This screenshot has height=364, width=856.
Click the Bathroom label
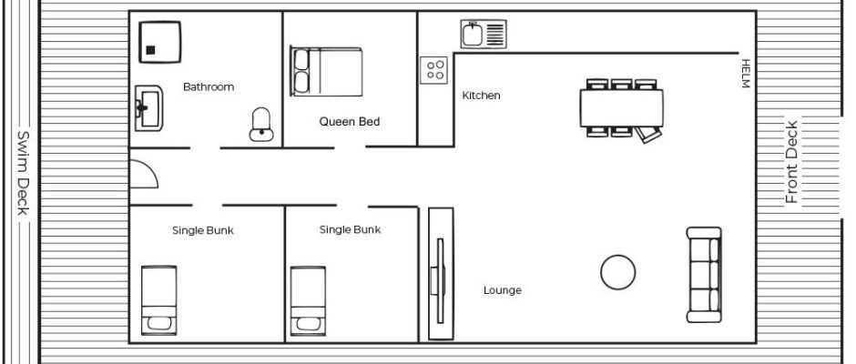click(209, 86)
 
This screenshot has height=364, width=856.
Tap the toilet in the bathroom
click(261, 125)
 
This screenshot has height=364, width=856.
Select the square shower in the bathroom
click(159, 42)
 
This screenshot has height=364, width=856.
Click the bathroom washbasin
click(149, 108)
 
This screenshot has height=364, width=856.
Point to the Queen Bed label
click(350, 122)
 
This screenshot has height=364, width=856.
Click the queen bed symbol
click(326, 71)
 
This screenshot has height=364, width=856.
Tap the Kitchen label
click(481, 96)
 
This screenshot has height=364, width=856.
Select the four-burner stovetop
click(434, 70)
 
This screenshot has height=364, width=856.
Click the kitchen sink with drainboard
click(484, 34)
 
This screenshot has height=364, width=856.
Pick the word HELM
click(746, 73)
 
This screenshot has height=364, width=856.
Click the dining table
click(622, 107)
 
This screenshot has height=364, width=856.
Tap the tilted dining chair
click(649, 134)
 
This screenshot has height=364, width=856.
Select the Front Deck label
click(791, 162)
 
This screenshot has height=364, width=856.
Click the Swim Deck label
click(23, 173)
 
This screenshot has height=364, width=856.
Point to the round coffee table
click(618, 272)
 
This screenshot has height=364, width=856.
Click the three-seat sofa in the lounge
click(704, 275)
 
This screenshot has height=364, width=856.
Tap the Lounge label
click(503, 290)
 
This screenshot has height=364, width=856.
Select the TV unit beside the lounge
click(441, 273)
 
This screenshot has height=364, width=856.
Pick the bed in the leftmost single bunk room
click(158, 299)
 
